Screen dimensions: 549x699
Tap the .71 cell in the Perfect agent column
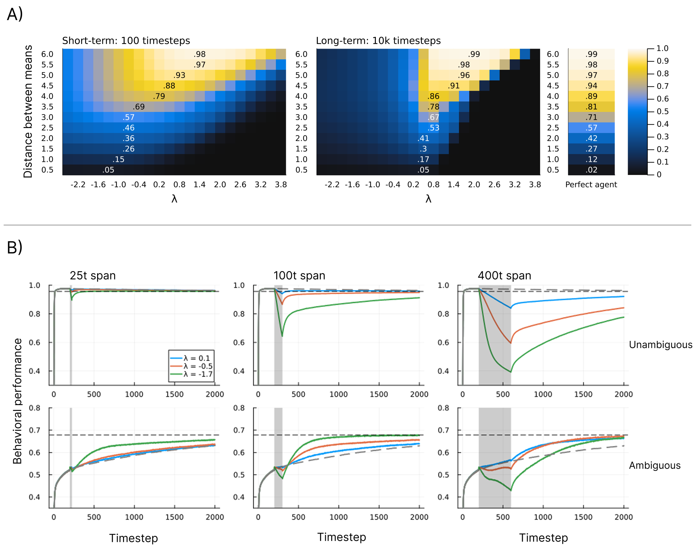pyautogui.click(x=591, y=117)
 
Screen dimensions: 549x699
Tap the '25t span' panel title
pyautogui.click(x=93, y=276)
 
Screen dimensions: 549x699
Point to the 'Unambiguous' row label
pyautogui.click(x=660, y=345)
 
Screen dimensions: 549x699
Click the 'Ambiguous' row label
pyautogui.click(x=655, y=466)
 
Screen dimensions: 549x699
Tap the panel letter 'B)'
pyautogui.click(x=14, y=248)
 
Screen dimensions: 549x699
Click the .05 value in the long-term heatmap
pyautogui.click(x=423, y=170)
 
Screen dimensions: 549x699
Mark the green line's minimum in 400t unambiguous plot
pyautogui.click(x=510, y=372)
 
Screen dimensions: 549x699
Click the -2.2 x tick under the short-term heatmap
pyautogui.click(x=78, y=184)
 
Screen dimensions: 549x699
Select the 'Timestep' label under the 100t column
pyautogui.click(x=342, y=537)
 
